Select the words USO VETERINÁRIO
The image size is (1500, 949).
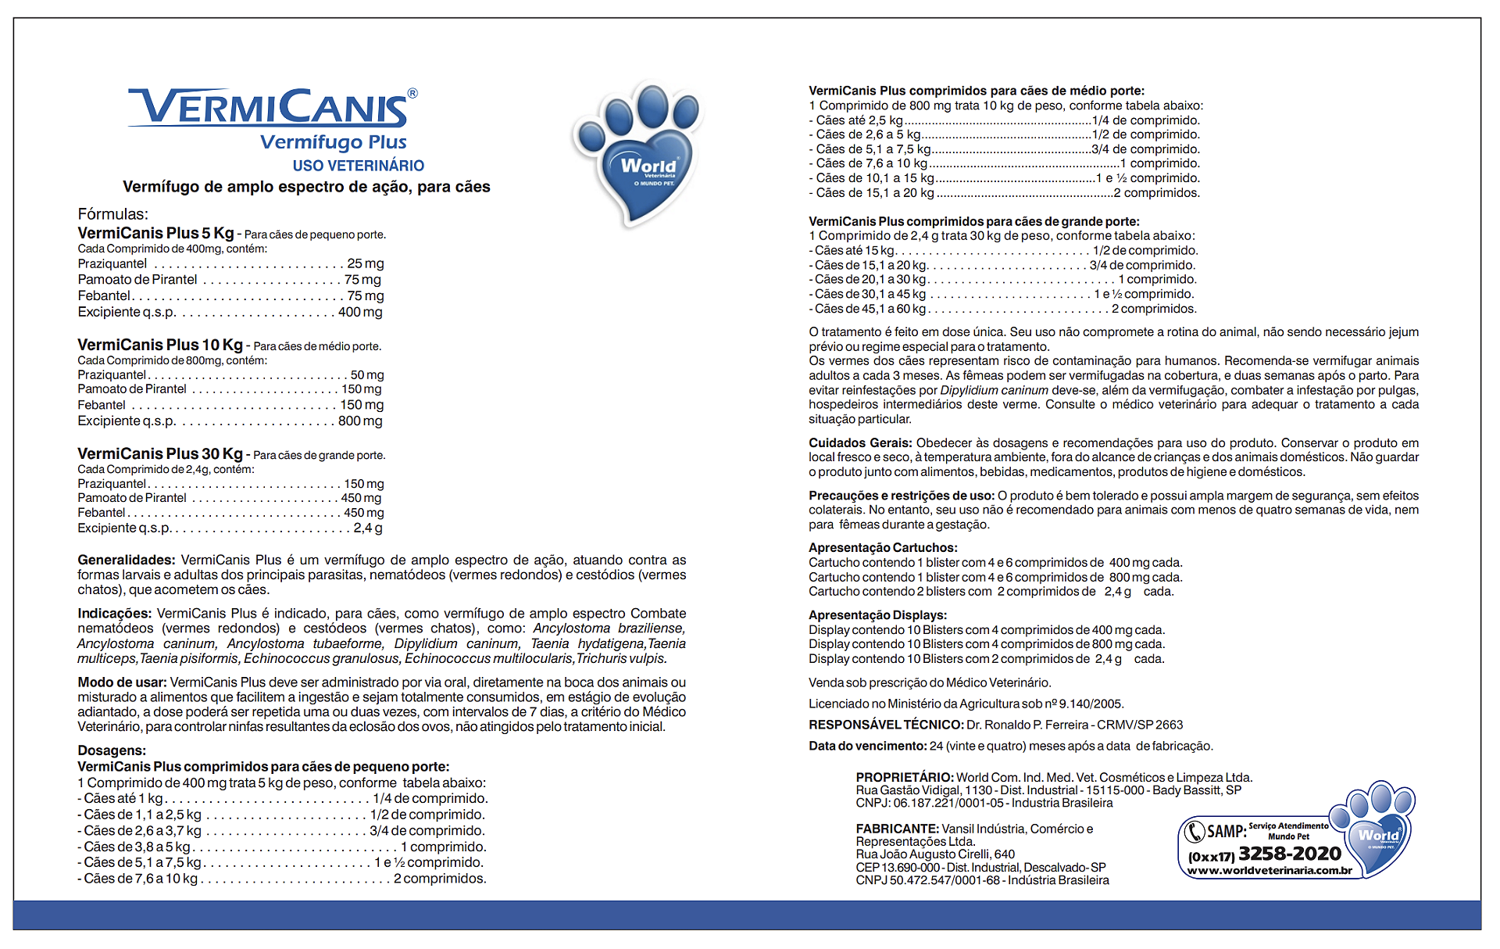[359, 166]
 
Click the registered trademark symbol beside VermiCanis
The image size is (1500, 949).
[412, 94]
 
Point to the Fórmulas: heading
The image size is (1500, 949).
[112, 214]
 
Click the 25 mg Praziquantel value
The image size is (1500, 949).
[366, 264]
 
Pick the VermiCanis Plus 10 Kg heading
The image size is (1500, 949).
[160, 345]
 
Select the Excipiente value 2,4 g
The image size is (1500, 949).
[368, 528]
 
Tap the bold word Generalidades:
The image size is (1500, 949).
[126, 560]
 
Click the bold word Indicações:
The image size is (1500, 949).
[114, 614]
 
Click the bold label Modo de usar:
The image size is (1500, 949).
[122, 682]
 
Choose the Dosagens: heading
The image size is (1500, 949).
[112, 750]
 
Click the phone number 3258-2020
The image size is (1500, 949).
[1289, 854]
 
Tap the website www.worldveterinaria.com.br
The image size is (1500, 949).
[1270, 870]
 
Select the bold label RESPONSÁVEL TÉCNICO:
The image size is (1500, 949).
[886, 725]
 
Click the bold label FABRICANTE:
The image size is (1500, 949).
[897, 829]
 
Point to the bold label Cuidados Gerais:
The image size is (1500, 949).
[860, 442]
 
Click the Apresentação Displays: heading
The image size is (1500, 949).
[877, 615]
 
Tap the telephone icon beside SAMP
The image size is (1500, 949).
[1195, 831]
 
